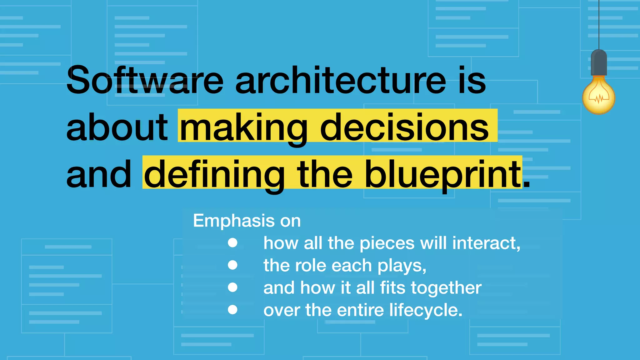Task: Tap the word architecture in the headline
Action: pyautogui.click(x=341, y=80)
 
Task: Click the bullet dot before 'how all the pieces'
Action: pyautogui.click(x=232, y=243)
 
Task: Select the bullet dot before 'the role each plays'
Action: pyautogui.click(x=232, y=265)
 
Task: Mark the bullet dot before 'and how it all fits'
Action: pyautogui.click(x=232, y=287)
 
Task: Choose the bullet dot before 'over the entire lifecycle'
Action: pyautogui.click(x=232, y=310)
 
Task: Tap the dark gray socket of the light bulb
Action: pyautogui.click(x=599, y=62)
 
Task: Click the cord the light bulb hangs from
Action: pyautogui.click(x=599, y=25)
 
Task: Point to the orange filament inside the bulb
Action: pyautogui.click(x=599, y=99)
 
